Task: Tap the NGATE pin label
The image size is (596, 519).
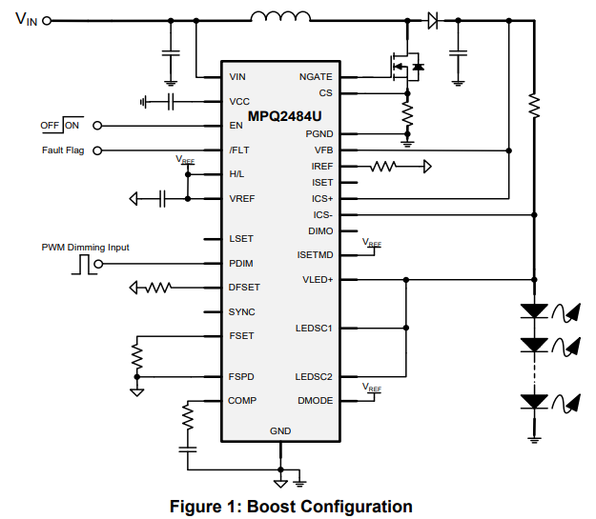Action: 316,76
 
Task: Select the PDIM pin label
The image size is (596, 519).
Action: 241,263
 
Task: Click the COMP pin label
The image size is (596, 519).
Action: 242,400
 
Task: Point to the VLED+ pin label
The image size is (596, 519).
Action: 318,279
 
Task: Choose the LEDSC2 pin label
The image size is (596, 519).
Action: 314,376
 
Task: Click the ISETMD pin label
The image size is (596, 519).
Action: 316,254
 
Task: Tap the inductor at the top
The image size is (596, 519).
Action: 280,16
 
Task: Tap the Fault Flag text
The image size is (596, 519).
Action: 63,150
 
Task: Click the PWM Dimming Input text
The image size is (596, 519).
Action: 85,247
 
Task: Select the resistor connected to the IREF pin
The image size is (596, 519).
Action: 383,167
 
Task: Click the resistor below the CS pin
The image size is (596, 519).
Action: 407,116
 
